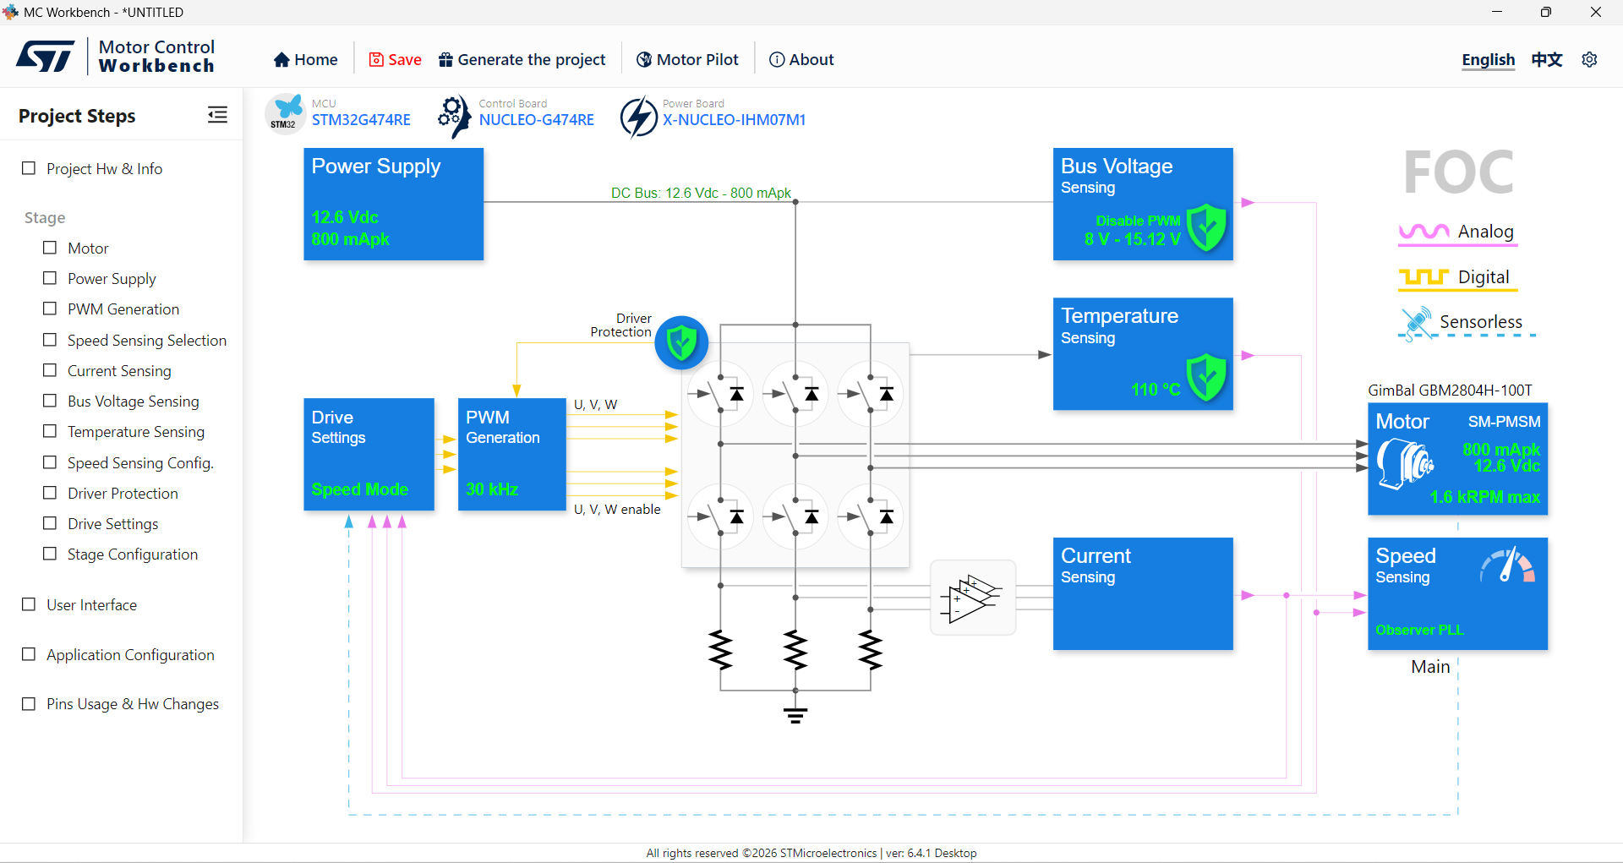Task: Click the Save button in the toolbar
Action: click(x=395, y=59)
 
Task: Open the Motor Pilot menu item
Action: click(x=687, y=59)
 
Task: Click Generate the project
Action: click(x=522, y=59)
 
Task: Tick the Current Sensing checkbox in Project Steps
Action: click(x=50, y=370)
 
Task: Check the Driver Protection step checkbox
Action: click(x=50, y=493)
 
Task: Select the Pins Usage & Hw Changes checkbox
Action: click(x=29, y=703)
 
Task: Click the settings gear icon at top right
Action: click(x=1589, y=59)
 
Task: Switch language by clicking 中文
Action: click(x=1547, y=59)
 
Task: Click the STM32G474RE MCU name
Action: click(x=361, y=120)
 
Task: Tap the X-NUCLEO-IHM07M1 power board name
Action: click(x=734, y=120)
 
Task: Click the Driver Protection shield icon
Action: click(x=681, y=343)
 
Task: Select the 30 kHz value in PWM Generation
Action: click(x=492, y=489)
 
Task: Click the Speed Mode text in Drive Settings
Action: click(x=359, y=489)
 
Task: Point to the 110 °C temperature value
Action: click(x=1156, y=390)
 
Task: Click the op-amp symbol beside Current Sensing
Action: click(x=972, y=598)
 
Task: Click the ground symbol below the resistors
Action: click(x=795, y=715)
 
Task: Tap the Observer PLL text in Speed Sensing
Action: click(x=1419, y=630)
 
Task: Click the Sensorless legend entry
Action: click(x=1466, y=322)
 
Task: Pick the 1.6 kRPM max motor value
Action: click(x=1484, y=497)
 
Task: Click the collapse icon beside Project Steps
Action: click(x=217, y=115)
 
